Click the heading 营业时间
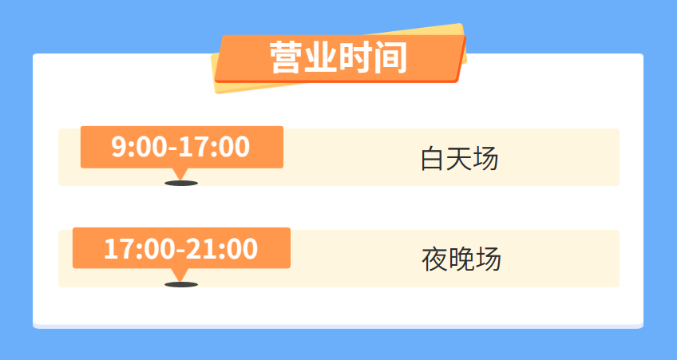click(x=338, y=57)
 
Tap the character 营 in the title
click(x=287, y=57)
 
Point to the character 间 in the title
click(x=390, y=57)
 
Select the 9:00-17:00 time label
click(x=180, y=146)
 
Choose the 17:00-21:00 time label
click(x=181, y=248)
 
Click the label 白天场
click(x=460, y=158)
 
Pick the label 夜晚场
click(x=461, y=259)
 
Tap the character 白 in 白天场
click(x=433, y=158)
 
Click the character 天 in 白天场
click(x=459, y=158)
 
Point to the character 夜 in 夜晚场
click(x=434, y=259)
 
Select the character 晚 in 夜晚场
click(x=461, y=259)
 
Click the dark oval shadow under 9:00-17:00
click(x=181, y=184)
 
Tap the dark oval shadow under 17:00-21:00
click(x=181, y=284)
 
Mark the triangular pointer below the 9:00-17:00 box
click(x=180, y=173)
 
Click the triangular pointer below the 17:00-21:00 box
click(x=180, y=275)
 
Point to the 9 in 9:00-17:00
click(x=118, y=146)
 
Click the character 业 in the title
click(x=321, y=57)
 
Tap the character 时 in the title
click(x=356, y=57)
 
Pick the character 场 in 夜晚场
click(x=489, y=259)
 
